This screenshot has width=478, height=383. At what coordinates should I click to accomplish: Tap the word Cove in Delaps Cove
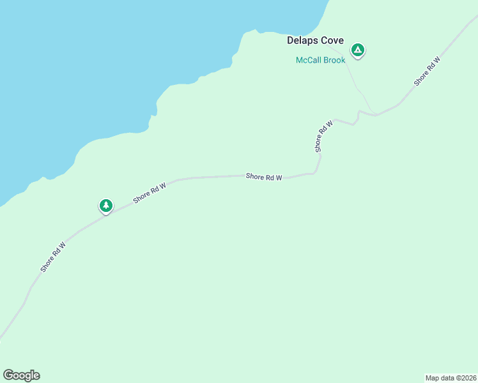pos(332,40)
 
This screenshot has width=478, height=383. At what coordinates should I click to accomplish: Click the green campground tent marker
pos(358,50)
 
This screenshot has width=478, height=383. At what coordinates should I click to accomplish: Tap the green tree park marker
pos(105,206)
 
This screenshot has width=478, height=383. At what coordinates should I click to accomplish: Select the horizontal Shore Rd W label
pos(264,177)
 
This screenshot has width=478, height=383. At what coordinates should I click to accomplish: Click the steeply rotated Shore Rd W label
pos(324,135)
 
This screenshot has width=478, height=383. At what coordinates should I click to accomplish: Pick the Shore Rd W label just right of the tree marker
pos(150,193)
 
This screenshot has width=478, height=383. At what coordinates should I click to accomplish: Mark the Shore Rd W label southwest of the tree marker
pos(53,257)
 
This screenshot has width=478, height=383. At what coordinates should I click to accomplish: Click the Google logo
pos(21,375)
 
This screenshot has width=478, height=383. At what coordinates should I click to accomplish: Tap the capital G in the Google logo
pos(8,375)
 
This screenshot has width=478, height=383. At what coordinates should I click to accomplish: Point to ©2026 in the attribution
pos(465,378)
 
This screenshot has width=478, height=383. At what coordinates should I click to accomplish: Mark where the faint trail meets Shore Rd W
pos(373,114)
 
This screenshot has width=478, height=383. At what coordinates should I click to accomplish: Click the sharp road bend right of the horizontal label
pos(318,169)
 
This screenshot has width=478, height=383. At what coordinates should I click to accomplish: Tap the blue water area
pos(96,64)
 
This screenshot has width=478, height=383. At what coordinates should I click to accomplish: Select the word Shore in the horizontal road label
pos(255,177)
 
